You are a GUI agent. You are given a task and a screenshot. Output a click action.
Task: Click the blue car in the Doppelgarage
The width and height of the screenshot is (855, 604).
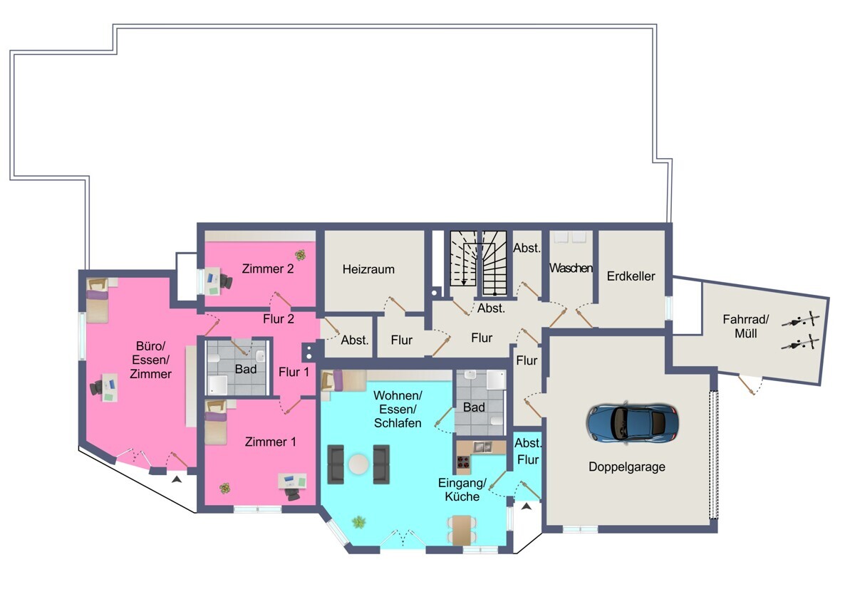click(x=633, y=422)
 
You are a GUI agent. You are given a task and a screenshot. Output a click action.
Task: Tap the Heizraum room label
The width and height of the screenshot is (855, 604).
click(x=368, y=269)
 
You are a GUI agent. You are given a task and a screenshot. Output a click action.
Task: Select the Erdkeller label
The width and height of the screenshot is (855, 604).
click(x=631, y=276)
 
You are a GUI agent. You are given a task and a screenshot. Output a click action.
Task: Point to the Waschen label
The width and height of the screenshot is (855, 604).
click(x=571, y=269)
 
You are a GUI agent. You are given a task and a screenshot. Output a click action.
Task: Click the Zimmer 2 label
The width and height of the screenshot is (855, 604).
click(x=268, y=269)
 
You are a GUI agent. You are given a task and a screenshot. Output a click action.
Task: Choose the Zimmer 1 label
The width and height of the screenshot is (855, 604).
click(x=270, y=442)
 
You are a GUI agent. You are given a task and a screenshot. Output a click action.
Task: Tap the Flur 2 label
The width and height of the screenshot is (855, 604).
click(x=279, y=319)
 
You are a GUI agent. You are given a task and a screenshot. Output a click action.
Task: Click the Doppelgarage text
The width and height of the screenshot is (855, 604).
click(x=627, y=467)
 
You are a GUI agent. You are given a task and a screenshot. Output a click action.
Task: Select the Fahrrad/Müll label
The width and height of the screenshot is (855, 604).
click(x=746, y=326)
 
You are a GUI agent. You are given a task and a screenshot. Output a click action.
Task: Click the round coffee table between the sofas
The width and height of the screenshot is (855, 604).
click(x=359, y=464)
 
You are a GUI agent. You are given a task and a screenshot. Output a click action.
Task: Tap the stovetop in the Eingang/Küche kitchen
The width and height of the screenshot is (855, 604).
click(x=464, y=462)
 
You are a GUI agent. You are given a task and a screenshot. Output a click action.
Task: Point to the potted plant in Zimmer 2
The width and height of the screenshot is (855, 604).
click(x=301, y=254)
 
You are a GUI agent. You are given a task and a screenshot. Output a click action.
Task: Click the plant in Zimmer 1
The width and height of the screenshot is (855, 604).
click(x=225, y=488)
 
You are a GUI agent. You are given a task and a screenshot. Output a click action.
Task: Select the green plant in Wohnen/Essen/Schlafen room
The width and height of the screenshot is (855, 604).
click(x=359, y=522)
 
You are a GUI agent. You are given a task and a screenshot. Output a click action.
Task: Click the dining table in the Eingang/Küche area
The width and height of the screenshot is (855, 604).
click(x=462, y=531)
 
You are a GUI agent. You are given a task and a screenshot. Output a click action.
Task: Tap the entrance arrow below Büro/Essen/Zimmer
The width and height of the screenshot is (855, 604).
click(x=177, y=479)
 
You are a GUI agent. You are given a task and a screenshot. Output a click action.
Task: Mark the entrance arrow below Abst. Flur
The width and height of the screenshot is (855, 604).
click(x=527, y=506)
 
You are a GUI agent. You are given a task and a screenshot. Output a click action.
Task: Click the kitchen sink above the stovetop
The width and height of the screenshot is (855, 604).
click(x=482, y=447)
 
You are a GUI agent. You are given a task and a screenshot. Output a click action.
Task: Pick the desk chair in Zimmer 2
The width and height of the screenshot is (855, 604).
click(x=228, y=281)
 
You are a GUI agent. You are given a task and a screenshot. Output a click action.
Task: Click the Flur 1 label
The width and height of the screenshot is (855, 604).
click(x=294, y=372)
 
